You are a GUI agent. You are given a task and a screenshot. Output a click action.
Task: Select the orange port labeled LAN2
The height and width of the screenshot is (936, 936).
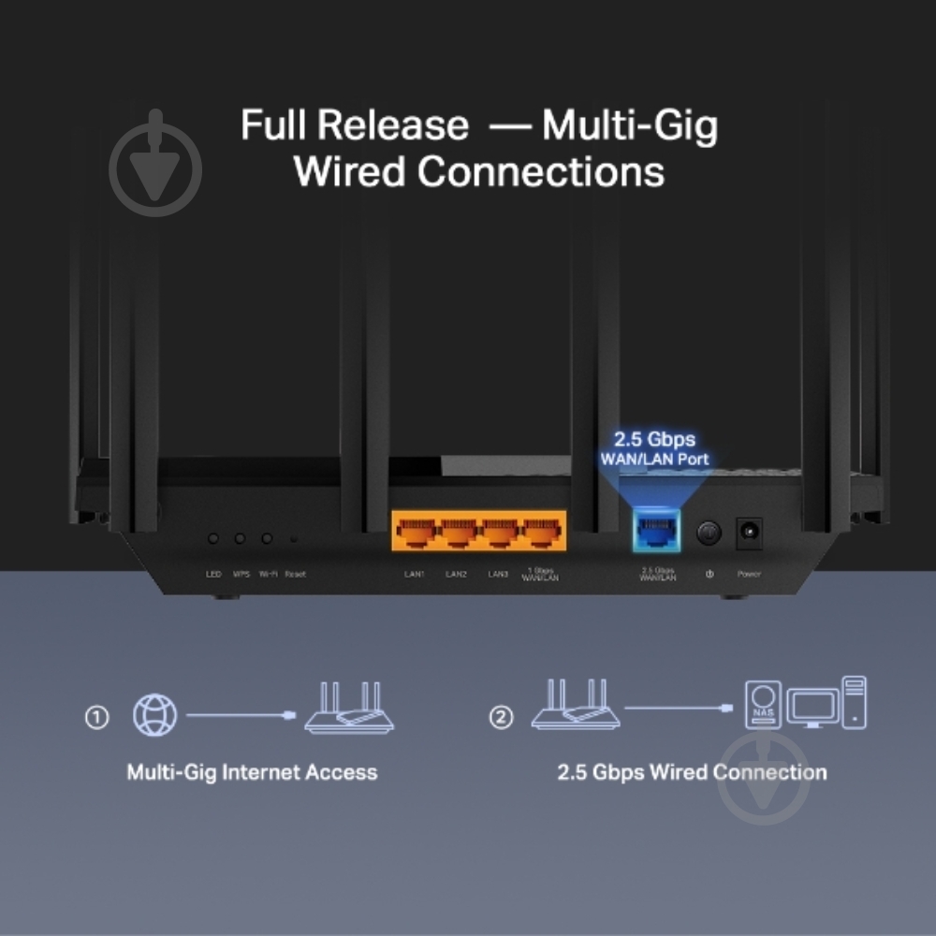[458, 534]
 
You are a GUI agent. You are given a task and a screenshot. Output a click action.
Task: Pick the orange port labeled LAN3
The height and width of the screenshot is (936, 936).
[499, 534]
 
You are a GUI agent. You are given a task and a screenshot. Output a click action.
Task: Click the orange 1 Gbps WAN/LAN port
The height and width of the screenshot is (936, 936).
[542, 534]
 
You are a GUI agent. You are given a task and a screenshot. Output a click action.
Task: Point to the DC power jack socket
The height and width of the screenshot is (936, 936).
[749, 534]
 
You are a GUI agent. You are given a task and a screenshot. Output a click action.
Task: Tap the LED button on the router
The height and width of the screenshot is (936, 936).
[213, 539]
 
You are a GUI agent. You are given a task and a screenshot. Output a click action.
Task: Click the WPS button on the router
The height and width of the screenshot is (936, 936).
[240, 539]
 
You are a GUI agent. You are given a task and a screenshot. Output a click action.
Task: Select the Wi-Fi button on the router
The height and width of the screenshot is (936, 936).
[267, 539]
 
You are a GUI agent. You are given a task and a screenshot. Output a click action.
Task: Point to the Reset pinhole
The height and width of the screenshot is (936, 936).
[294, 539]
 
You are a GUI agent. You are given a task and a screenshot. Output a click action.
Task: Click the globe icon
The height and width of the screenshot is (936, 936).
[154, 716]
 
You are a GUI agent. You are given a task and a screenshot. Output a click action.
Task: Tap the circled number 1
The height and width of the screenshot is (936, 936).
[96, 718]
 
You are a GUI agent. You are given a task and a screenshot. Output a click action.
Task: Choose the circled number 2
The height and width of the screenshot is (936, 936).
[502, 718]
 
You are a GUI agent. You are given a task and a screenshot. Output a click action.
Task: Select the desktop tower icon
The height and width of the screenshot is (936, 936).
[853, 702]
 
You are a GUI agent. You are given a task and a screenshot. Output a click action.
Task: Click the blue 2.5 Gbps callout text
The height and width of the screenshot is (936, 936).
[655, 439]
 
